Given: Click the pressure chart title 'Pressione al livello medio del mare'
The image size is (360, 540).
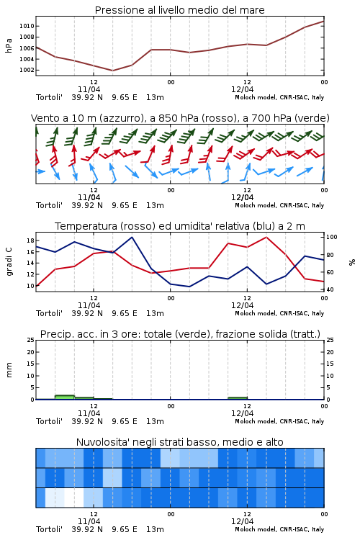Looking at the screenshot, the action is (179, 10).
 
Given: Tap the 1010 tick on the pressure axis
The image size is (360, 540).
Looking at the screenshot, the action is (27, 26).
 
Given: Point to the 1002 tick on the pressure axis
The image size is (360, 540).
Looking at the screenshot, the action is (27, 71).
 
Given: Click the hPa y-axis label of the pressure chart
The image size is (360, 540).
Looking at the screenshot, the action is (9, 45).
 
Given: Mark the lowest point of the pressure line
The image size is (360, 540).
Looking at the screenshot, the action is (112, 71).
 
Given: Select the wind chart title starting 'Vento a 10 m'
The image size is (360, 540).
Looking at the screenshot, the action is (180, 118).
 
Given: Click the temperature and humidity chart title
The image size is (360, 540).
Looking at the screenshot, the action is (180, 226).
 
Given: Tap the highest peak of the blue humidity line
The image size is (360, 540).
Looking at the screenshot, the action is (132, 237).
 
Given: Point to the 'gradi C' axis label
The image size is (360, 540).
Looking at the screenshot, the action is (9, 261).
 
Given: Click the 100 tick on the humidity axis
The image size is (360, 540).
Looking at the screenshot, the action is (331, 237).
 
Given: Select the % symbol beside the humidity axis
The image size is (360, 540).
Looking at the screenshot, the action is (352, 262).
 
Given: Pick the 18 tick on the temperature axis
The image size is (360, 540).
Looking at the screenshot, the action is (30, 240).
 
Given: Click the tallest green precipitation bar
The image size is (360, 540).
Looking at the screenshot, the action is (65, 397).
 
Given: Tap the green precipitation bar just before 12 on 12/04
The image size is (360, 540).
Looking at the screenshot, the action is (238, 398).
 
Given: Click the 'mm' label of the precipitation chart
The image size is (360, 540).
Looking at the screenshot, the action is (9, 370).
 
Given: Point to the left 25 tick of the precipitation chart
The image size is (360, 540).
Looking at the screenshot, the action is (30, 341).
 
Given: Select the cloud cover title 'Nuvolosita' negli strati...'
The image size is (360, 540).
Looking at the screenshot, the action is (179, 442).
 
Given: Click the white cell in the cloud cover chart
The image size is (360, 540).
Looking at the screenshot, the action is (74, 498).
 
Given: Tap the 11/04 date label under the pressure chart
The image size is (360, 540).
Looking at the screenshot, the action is (89, 89).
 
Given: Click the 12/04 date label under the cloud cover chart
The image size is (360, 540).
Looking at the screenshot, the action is (243, 521).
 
